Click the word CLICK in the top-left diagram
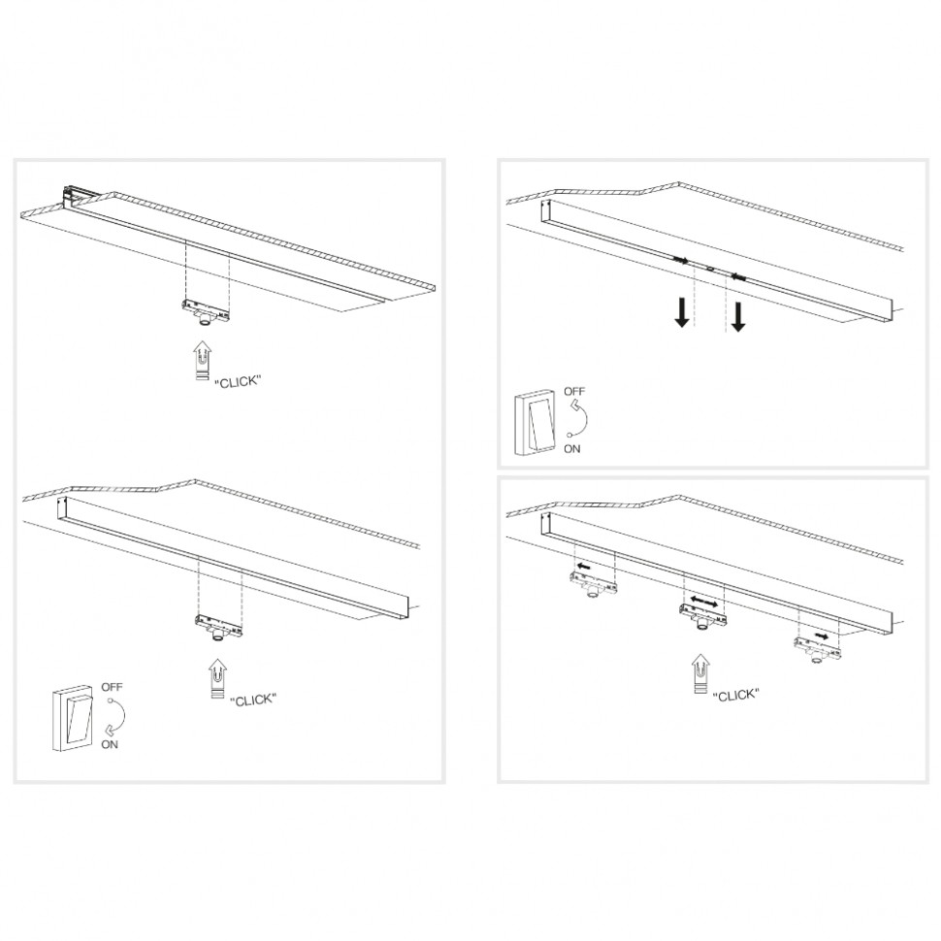click(x=239, y=381)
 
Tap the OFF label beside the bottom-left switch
click(x=112, y=687)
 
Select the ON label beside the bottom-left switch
click(x=110, y=744)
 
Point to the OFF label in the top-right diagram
click(x=574, y=391)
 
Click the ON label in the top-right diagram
click(x=572, y=448)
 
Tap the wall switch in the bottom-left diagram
click(x=71, y=720)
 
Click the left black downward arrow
click(x=682, y=313)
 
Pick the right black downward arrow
click(x=738, y=317)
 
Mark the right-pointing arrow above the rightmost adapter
click(x=822, y=635)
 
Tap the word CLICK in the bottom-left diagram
click(x=253, y=699)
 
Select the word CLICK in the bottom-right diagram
click(x=736, y=696)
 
